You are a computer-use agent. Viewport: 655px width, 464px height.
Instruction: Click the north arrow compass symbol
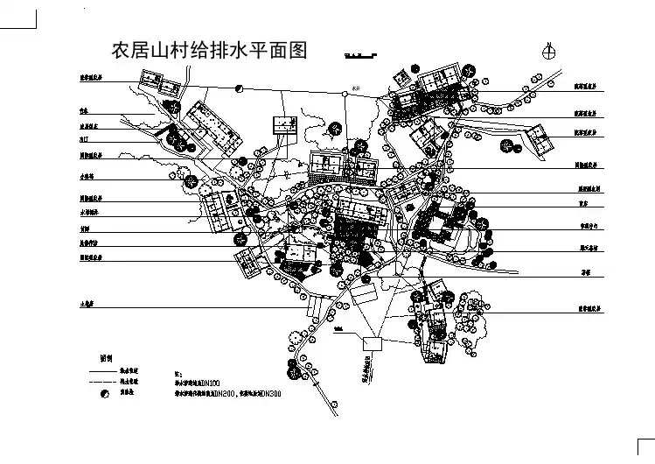549,50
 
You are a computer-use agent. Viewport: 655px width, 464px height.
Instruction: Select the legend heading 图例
106,358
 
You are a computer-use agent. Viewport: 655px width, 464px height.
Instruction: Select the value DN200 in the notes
235,394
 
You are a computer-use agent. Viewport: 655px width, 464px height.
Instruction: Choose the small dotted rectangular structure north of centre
286,127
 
